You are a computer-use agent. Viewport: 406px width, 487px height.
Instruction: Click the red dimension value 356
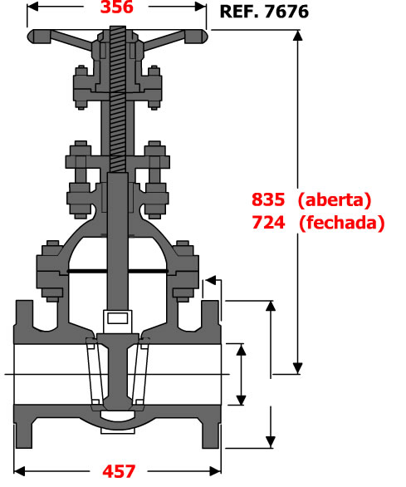click(117, 7)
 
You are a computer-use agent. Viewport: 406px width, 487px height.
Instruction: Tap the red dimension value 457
click(119, 471)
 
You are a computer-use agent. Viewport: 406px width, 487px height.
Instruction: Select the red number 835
click(268, 199)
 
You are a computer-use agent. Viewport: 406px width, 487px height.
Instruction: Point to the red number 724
click(268, 223)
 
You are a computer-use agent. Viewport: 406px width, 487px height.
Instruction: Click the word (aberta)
click(335, 199)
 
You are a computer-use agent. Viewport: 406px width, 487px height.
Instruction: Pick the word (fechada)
click(342, 223)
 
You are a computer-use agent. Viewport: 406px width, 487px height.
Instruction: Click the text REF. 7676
click(264, 12)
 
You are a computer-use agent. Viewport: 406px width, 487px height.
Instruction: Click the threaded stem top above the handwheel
click(118, 28)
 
